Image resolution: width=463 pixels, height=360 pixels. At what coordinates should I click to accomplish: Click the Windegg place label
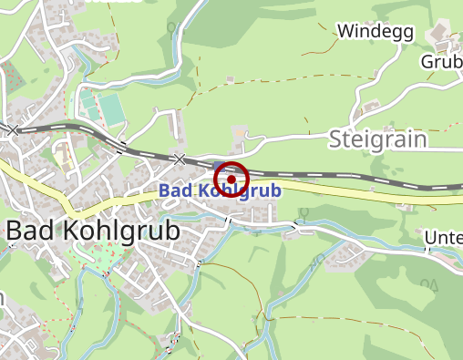tap(376, 32)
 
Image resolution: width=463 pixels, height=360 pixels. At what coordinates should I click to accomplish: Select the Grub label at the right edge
tap(441, 61)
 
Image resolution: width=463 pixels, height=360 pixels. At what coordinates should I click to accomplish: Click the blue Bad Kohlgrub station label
tap(219, 191)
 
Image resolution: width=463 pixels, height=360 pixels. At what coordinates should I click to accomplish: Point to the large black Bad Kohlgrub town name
tap(92, 231)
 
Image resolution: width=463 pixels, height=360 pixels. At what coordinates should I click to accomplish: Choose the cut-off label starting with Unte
tap(443, 239)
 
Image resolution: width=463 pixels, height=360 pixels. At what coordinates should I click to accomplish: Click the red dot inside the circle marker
tap(231, 180)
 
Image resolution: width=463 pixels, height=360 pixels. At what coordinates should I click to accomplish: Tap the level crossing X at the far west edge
tap(13, 130)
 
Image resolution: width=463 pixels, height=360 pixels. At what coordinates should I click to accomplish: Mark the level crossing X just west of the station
tap(180, 159)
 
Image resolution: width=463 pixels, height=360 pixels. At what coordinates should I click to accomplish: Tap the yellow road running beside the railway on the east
tap(365, 190)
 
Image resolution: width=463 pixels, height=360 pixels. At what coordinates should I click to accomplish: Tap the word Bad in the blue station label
tap(173, 191)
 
